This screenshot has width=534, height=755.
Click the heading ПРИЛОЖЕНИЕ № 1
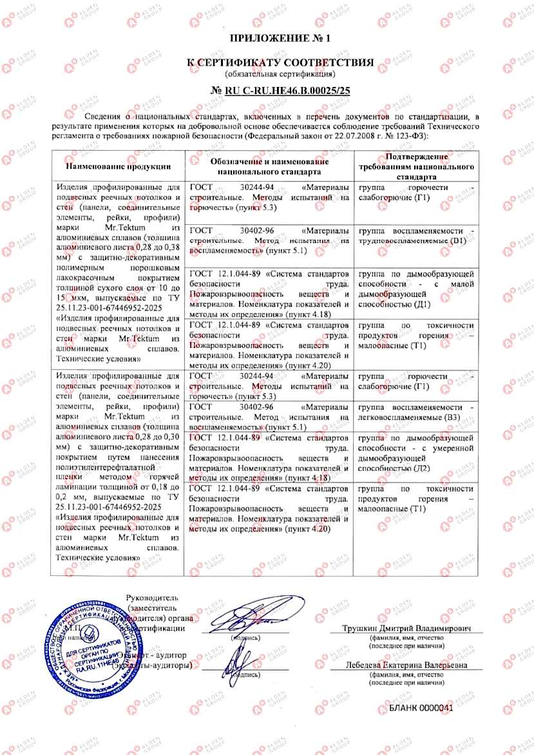pyautogui.click(x=279, y=38)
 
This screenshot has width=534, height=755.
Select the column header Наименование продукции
pyautogui.click(x=118, y=167)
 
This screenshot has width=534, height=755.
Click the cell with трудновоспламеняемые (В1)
pyautogui.click(x=416, y=236)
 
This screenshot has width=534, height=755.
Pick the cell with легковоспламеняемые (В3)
pyautogui.click(x=416, y=413)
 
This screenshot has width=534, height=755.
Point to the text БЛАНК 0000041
pyautogui.click(x=421, y=707)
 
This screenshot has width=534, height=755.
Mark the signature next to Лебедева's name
pyautogui.click(x=240, y=658)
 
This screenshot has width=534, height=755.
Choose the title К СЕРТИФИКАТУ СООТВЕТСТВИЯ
pyautogui.click(x=280, y=62)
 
